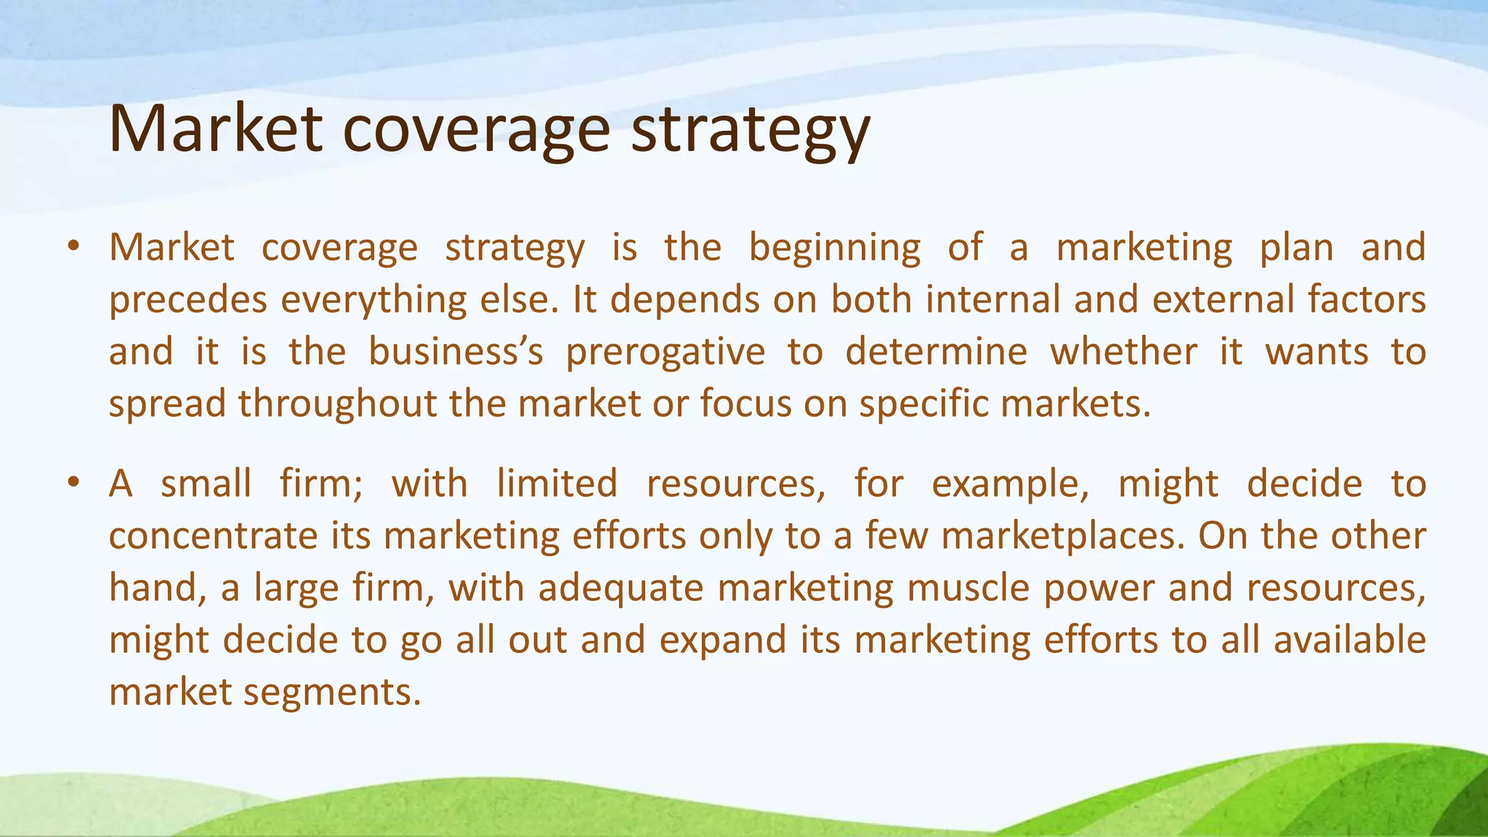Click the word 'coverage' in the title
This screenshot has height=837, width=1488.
pyautogui.click(x=476, y=131)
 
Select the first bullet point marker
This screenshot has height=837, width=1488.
pyautogui.click(x=73, y=247)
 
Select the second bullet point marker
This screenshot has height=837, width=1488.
pyautogui.click(x=73, y=484)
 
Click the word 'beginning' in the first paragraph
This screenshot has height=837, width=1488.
pyautogui.click(x=834, y=249)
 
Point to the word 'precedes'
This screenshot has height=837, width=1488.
pyautogui.click(x=188, y=301)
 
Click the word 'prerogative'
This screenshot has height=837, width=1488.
pyautogui.click(x=666, y=353)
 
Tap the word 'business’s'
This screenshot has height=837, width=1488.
pyautogui.click(x=456, y=352)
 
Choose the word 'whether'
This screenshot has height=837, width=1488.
pyautogui.click(x=1123, y=352)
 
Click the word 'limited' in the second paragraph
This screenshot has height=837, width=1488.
pyautogui.click(x=557, y=484)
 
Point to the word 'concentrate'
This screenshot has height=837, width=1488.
pyautogui.click(x=213, y=537)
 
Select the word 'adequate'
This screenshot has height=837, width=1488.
pyautogui.click(x=620, y=589)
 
